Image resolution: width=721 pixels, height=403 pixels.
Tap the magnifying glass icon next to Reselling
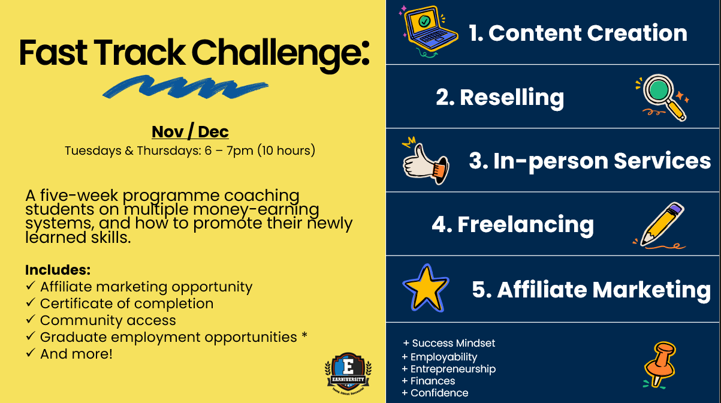point(662,97)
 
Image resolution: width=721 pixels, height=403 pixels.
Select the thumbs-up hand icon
point(426,162)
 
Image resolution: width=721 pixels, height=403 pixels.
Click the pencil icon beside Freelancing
point(660,225)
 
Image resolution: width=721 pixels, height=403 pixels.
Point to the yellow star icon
point(426,288)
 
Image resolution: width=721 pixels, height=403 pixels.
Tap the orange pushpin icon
point(660,365)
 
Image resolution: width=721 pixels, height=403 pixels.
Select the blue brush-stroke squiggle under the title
point(185,87)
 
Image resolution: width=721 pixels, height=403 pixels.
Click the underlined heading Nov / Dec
point(190,131)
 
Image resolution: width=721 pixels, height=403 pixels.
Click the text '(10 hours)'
point(286,151)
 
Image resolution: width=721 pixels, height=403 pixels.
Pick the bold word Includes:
point(58,270)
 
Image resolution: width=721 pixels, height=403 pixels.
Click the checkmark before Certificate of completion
point(30,302)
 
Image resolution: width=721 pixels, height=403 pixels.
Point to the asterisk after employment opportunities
point(304,336)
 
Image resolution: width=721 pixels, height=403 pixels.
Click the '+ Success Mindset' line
point(449,343)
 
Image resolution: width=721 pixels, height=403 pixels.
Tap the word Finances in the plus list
point(433,381)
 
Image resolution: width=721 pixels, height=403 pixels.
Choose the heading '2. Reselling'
point(500,98)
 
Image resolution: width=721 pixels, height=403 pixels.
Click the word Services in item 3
point(662,161)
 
